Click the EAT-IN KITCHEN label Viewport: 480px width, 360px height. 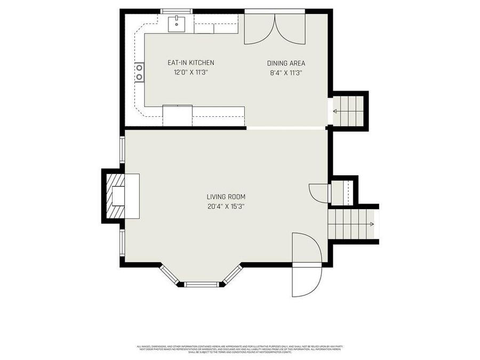click(x=190, y=63)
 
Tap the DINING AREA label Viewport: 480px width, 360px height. click(x=286, y=63)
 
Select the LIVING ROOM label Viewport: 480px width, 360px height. click(x=227, y=197)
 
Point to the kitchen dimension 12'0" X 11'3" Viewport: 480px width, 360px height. click(x=190, y=73)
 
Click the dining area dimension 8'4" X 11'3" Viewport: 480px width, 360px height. click(x=286, y=73)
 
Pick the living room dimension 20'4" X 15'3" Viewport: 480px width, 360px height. click(x=227, y=206)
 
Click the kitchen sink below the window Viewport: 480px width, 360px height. click(x=177, y=23)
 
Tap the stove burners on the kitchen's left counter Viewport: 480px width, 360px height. click(x=139, y=72)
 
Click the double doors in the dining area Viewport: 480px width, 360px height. click(x=275, y=29)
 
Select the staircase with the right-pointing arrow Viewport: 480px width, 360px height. click(x=353, y=224)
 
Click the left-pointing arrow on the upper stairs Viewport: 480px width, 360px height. click(x=335, y=111)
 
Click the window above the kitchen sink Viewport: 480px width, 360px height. click(x=177, y=11)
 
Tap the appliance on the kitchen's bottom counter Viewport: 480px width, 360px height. click(x=177, y=115)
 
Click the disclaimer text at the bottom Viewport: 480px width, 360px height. click(x=239, y=349)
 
